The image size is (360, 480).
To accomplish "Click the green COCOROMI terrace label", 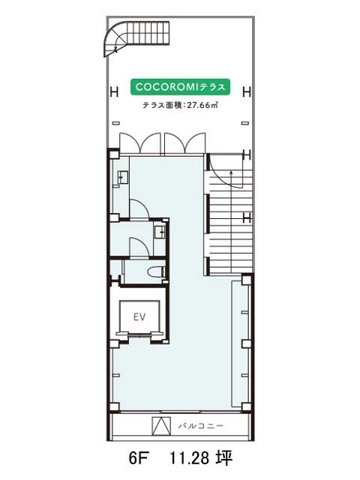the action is pyautogui.click(x=180, y=87).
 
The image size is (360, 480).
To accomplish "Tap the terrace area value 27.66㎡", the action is pyautogui.click(x=202, y=105).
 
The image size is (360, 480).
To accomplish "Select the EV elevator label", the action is pyautogui.click(x=139, y=316).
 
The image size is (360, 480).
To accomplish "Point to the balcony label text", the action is pyautogui.click(x=201, y=426).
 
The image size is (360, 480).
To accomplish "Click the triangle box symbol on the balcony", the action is pyautogui.click(x=161, y=426).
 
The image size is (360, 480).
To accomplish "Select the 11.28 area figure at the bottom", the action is pyautogui.click(x=189, y=458).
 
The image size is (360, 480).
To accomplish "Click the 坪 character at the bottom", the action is pyautogui.click(x=224, y=458).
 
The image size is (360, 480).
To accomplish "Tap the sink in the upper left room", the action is pyautogui.click(x=123, y=178).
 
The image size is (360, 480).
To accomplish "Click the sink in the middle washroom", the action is pyautogui.click(x=160, y=232).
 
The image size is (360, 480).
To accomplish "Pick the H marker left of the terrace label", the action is pyautogui.click(x=114, y=91).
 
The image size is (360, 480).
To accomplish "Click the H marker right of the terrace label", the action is pyautogui.click(x=247, y=91).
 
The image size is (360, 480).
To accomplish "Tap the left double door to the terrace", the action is pyautogui.click(x=140, y=142).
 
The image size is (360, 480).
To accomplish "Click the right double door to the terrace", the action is pyautogui.click(x=184, y=142).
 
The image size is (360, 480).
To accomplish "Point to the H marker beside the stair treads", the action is pyautogui.click(x=247, y=218).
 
